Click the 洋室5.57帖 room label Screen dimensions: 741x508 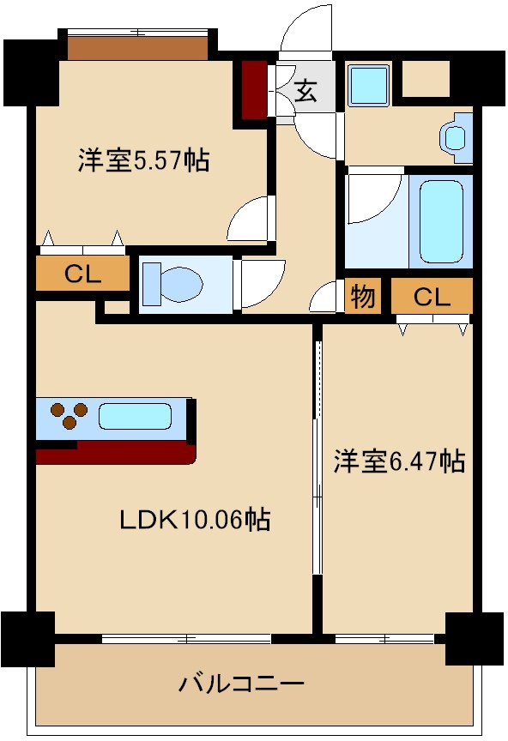click(144, 160)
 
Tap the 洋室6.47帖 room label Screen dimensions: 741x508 click(399, 461)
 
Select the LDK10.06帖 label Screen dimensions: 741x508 click(195, 519)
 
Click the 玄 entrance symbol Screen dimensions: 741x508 click(305, 89)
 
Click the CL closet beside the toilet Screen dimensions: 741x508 click(83, 275)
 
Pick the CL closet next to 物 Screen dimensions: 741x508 click(432, 297)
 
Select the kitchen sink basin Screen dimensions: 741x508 click(135, 417)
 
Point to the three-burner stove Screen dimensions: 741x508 click(67, 416)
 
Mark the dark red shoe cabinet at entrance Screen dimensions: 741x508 click(254, 88)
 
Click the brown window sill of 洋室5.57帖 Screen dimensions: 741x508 click(139, 47)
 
